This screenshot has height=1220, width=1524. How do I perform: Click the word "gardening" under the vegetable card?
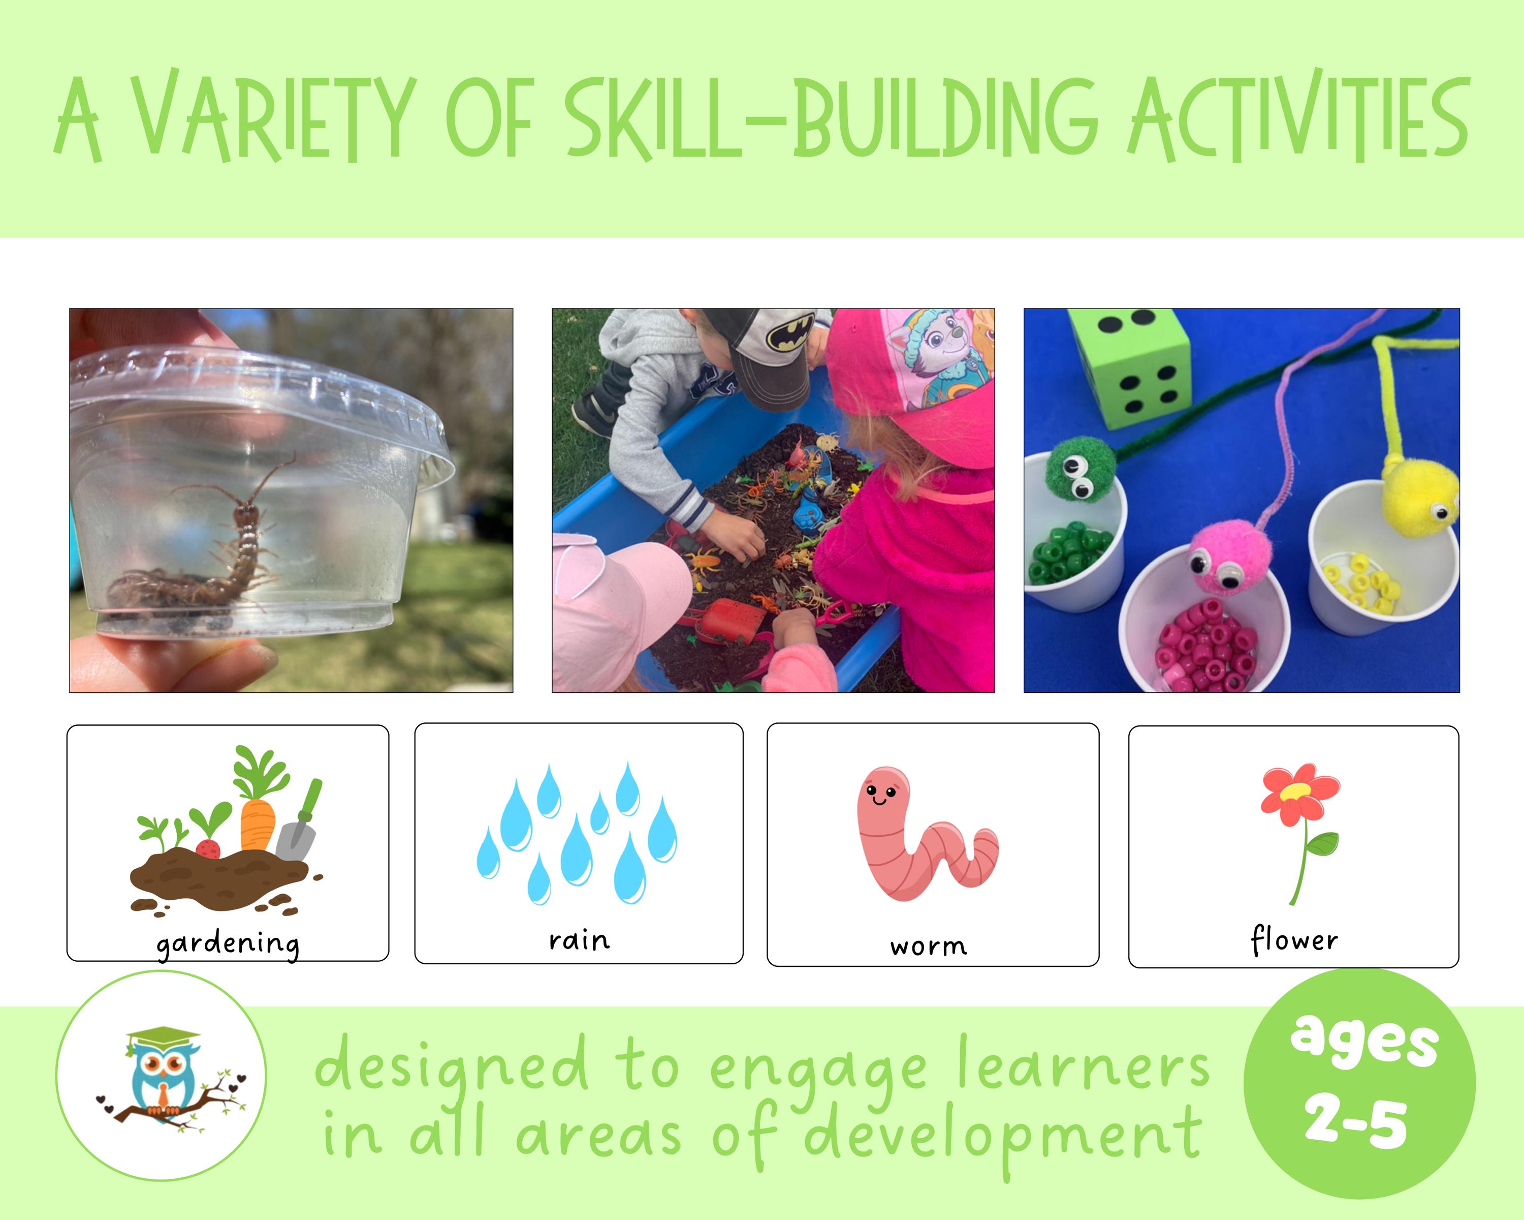tap(228, 943)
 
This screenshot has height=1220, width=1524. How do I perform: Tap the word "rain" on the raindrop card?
tap(579, 940)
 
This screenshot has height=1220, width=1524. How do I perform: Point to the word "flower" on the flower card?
tap(1293, 940)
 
